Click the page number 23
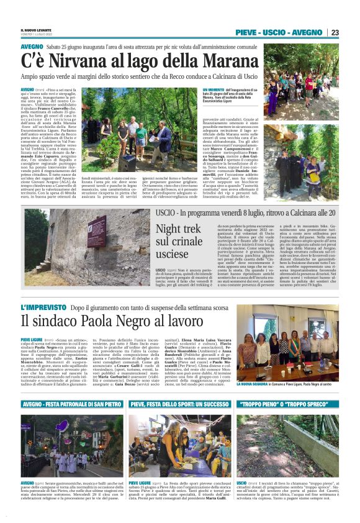[335, 32]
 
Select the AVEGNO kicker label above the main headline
[32, 47]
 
